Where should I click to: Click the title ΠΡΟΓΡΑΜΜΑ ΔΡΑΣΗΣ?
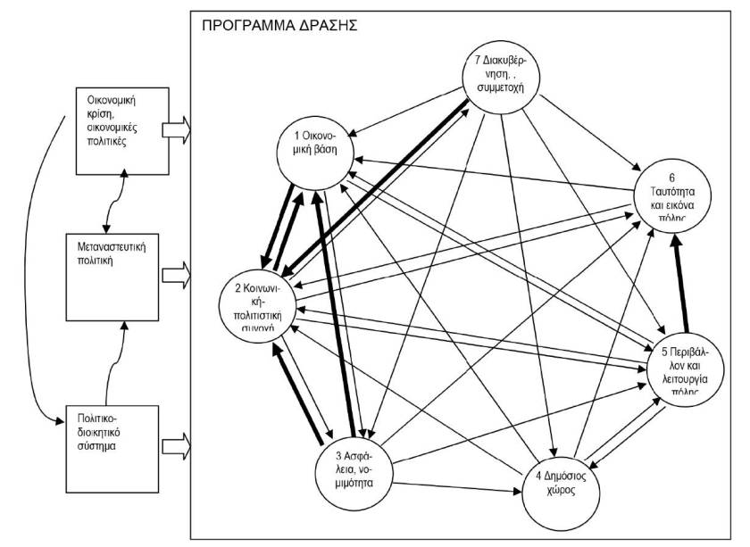coord(279,25)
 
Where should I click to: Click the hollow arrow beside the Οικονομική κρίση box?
coord(177,129)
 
